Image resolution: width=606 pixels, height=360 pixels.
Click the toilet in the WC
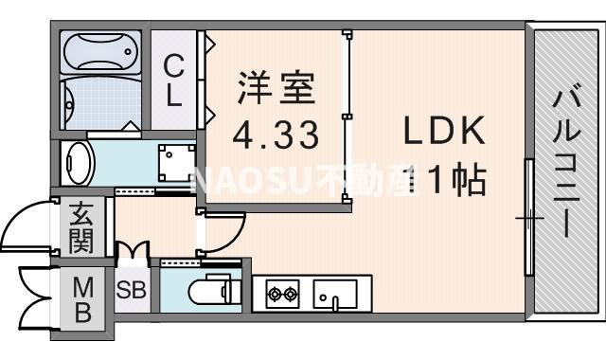click(210, 291)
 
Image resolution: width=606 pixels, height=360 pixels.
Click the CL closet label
click(173, 80)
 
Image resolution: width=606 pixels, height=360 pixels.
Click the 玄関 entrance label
click(80, 226)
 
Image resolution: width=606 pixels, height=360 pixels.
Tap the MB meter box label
click(82, 298)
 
